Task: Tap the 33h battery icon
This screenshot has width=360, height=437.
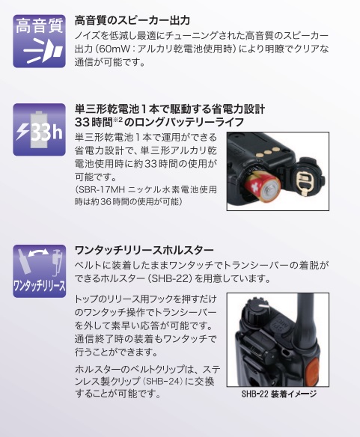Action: tap(38, 129)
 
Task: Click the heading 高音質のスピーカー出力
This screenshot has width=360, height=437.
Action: tap(132, 19)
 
